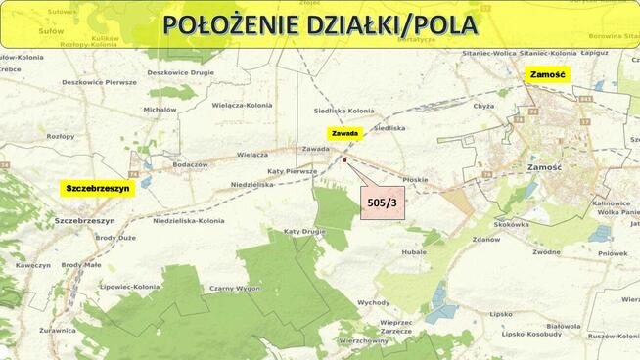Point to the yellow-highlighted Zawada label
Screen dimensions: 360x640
point(346,133)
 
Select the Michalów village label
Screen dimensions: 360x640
point(160,110)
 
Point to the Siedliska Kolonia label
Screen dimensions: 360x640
point(344,111)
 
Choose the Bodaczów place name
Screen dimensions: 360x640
point(190,164)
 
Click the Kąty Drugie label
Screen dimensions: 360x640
point(304,231)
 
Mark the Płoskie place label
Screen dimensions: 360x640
point(416,179)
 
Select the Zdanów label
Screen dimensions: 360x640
point(485,239)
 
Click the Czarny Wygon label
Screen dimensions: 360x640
point(234,289)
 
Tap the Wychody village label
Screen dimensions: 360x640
point(373,302)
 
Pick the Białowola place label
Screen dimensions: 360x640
point(564,327)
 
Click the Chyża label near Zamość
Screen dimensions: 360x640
point(483,106)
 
